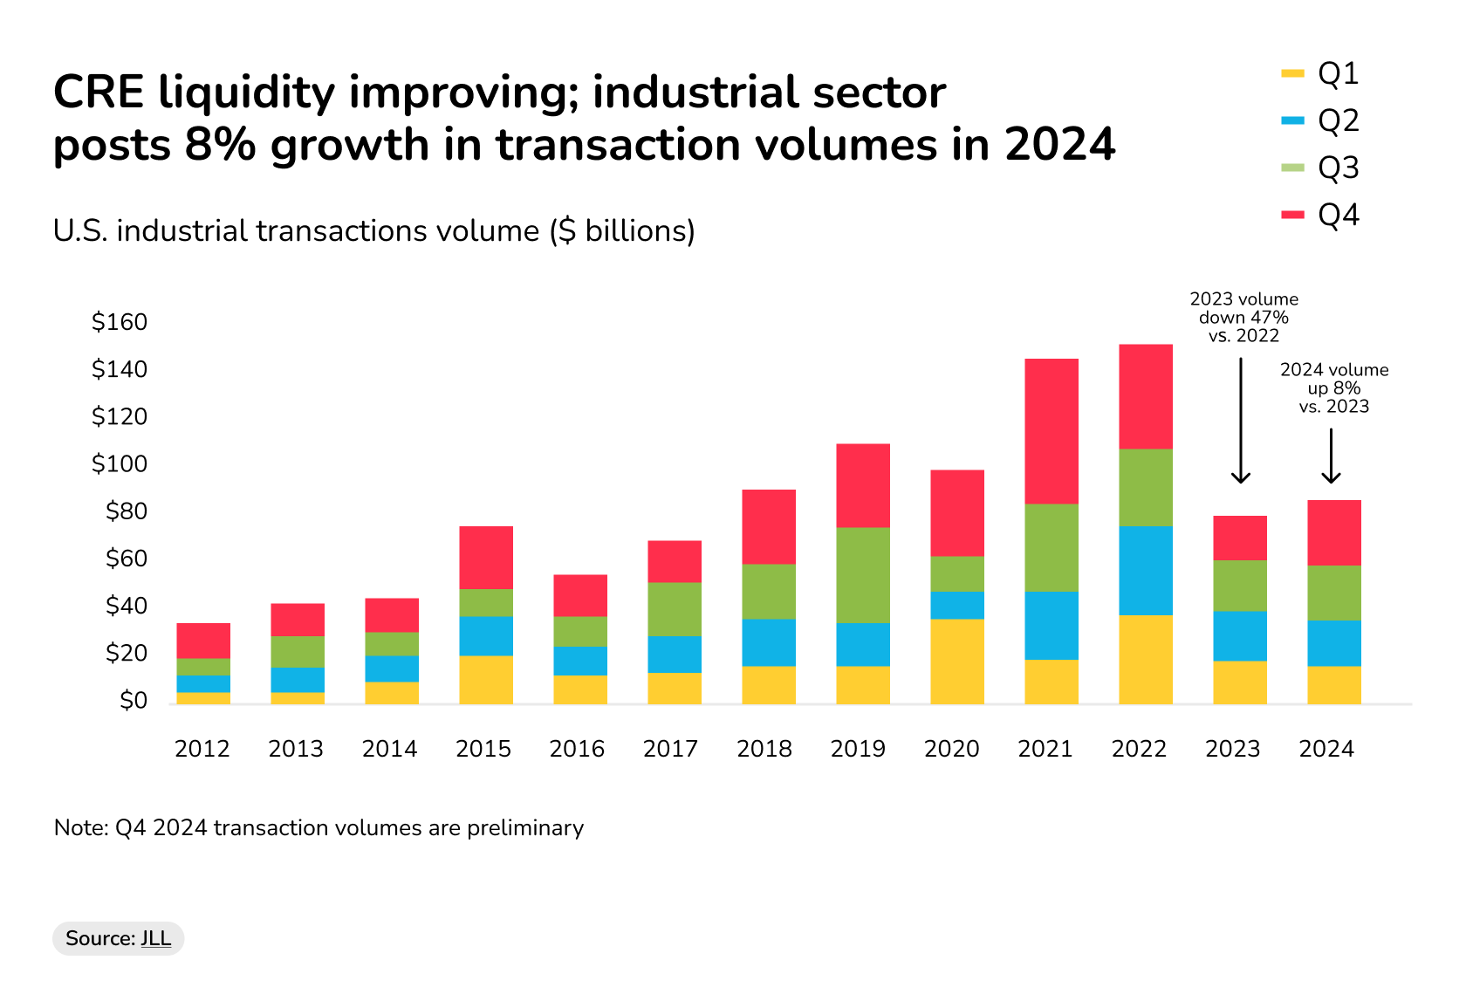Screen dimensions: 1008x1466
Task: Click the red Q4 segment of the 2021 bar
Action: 1052,431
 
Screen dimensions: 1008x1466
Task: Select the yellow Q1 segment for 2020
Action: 957,662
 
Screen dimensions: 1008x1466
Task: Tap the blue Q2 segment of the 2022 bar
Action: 1146,571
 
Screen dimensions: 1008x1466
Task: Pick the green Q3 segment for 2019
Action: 863,575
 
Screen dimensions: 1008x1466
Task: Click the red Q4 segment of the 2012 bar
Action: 203,641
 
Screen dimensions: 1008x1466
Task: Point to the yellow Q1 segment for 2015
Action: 486,680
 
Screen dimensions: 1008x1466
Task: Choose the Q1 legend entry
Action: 1321,74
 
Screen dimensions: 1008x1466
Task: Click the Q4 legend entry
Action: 1321,216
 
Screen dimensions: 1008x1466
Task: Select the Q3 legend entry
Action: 1321,168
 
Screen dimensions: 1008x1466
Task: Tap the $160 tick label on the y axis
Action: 120,322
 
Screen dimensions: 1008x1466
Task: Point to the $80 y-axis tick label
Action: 127,511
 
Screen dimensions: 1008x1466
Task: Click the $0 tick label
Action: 134,701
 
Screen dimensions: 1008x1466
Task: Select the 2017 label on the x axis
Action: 670,749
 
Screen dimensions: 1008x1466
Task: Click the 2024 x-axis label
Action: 1326,749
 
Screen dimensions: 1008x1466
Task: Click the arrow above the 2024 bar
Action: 1331,456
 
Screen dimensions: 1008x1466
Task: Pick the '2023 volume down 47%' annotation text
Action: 1244,318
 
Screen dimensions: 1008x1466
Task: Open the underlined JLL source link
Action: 156,938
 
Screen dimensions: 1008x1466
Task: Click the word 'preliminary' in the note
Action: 525,827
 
